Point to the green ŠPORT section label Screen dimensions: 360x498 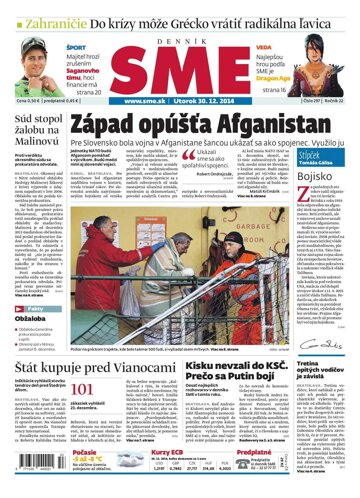75,46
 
